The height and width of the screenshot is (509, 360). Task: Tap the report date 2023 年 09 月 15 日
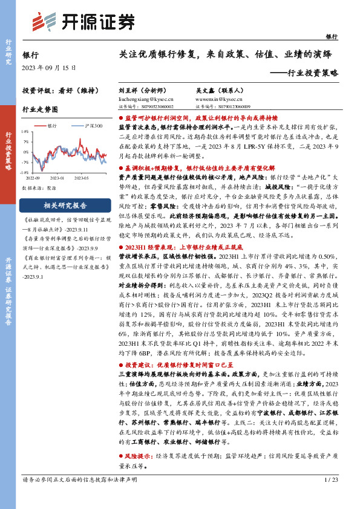click(x=47, y=67)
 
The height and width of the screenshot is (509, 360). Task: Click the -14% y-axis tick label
click(x=25, y=172)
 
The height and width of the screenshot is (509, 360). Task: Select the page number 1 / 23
click(x=330, y=496)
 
